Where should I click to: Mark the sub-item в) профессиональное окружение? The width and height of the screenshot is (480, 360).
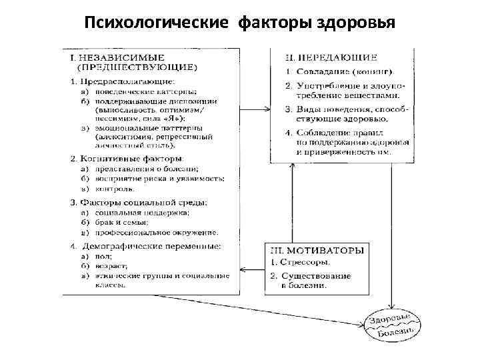click(x=149, y=232)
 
